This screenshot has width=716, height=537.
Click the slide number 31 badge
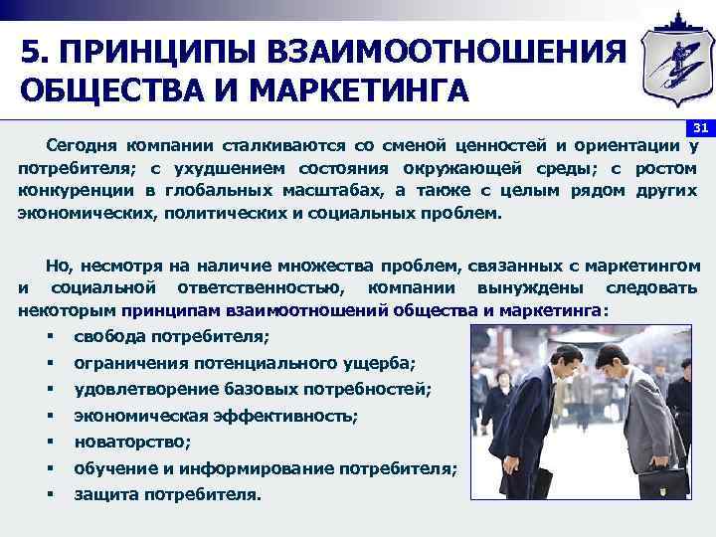700,128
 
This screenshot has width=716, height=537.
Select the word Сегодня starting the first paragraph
80,146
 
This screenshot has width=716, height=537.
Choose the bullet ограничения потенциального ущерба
245,363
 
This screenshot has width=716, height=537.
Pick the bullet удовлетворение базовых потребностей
253,389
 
